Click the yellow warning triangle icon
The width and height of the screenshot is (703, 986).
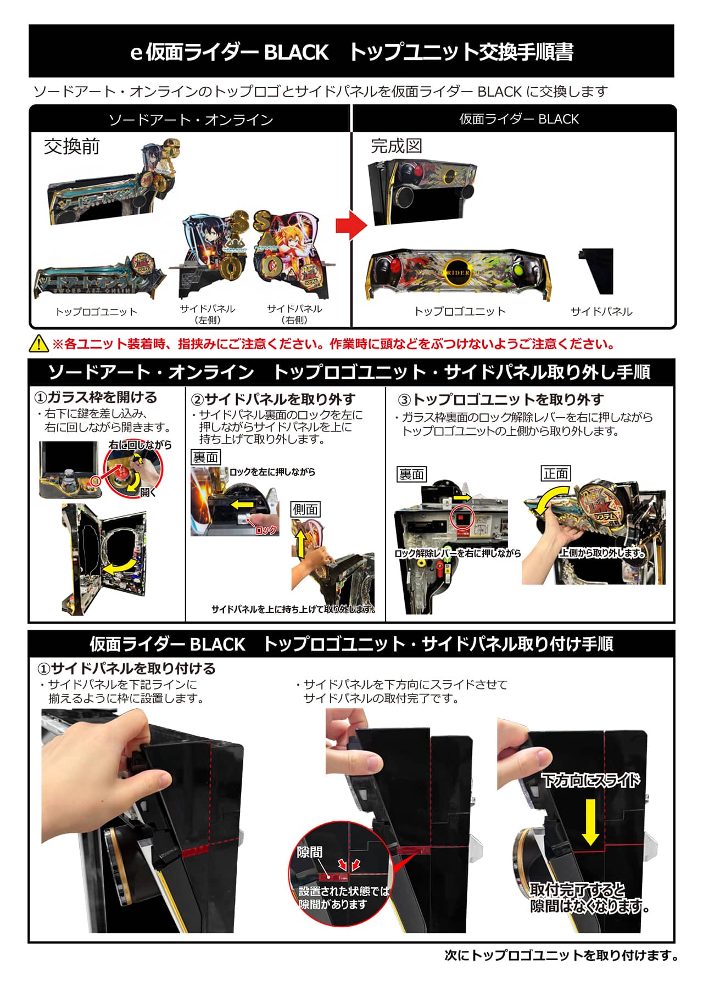point(40,344)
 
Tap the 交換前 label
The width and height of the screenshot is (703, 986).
point(72,147)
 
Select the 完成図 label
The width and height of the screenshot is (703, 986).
point(397,146)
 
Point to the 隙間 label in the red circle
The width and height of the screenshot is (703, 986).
point(310,851)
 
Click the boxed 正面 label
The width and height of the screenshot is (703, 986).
point(556,473)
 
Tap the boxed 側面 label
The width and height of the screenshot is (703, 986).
point(305,509)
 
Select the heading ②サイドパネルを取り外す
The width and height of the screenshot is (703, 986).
point(273,399)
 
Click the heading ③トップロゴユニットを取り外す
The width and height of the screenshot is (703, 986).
point(500,399)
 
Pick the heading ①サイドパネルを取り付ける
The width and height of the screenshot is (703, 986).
point(126,668)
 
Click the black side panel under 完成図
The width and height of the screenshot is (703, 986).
point(596,271)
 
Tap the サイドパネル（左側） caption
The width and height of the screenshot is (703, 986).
point(207,314)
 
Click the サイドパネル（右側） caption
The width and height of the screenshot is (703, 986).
point(294,314)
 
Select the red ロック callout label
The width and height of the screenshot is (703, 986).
point(266,530)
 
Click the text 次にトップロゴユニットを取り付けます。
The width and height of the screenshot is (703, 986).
point(561,956)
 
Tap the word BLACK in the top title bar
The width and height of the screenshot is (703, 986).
point(297,52)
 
